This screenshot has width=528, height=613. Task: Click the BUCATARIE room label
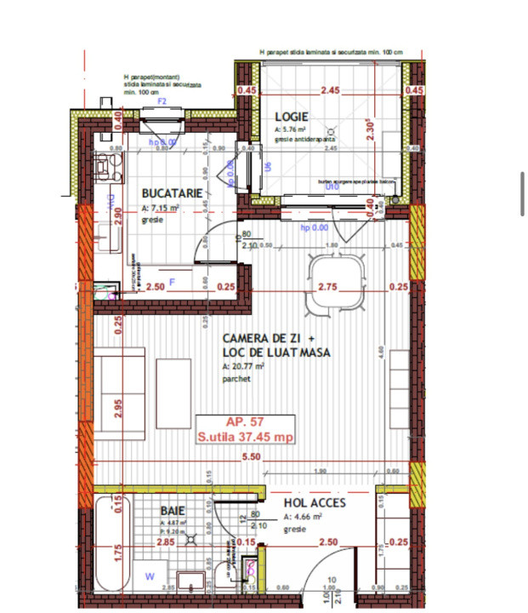pyautogui.click(x=173, y=193)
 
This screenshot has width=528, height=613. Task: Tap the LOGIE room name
pyautogui.click(x=290, y=117)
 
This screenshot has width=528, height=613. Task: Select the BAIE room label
pyautogui.click(x=173, y=510)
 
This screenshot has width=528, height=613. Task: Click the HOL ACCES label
pyautogui.click(x=313, y=502)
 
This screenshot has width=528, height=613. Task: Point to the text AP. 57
pyautogui.click(x=244, y=422)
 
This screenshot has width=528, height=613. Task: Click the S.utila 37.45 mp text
pyautogui.click(x=245, y=438)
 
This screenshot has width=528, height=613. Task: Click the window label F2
pyautogui.click(x=162, y=102)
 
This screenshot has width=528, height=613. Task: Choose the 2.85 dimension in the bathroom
pyautogui.click(x=167, y=541)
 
